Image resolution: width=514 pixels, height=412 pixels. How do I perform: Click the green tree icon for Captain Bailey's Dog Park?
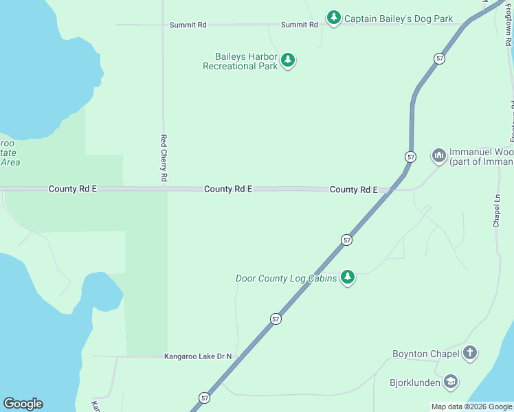(x=334, y=18)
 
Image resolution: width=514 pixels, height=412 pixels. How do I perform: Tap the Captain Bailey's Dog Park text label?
(x=398, y=19)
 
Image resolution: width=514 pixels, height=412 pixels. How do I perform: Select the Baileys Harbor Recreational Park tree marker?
(x=288, y=60)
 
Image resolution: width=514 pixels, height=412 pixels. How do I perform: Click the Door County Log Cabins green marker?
(x=348, y=277)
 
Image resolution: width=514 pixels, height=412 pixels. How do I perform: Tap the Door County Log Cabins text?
(x=286, y=278)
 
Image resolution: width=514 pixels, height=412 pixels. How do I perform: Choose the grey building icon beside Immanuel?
(x=438, y=156)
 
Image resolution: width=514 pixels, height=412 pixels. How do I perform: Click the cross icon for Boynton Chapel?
(x=470, y=354)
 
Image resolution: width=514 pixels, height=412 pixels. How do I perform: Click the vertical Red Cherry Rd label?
(x=164, y=157)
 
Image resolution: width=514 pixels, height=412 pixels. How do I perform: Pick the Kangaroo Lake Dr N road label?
(x=197, y=356)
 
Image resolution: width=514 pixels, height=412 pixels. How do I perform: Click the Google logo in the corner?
(x=23, y=404)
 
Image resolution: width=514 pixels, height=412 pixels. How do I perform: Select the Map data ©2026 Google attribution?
(x=471, y=407)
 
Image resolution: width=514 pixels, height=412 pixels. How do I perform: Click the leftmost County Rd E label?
(x=73, y=188)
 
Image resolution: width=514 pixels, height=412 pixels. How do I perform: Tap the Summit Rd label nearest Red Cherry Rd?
(x=188, y=25)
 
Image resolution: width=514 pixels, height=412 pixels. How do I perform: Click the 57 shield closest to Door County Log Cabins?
(x=346, y=240)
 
